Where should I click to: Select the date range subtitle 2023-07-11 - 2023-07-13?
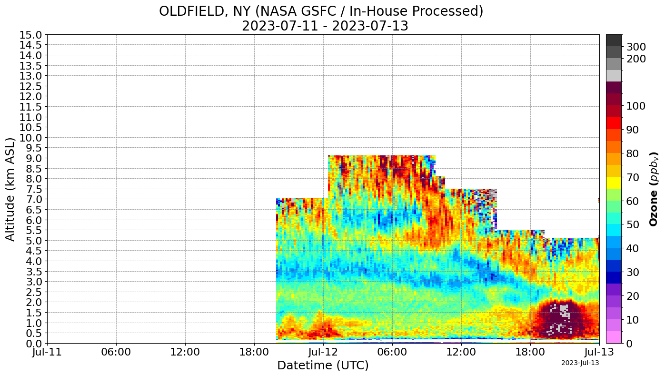tap(325, 26)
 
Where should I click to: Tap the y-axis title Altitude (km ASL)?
tap(10, 189)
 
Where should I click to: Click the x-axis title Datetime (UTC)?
tap(323, 366)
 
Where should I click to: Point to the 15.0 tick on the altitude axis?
tap(30, 35)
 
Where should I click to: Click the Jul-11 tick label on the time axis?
tap(47, 353)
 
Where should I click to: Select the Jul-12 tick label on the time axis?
tap(323, 353)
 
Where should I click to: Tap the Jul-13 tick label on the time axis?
tap(599, 353)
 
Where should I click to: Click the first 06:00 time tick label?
tap(116, 353)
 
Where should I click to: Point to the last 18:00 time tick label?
tap(530, 353)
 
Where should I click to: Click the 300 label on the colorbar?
tap(636, 47)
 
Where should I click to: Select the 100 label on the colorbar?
tap(636, 106)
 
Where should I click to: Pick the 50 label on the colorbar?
tap(633, 224)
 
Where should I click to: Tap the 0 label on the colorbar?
tap(630, 343)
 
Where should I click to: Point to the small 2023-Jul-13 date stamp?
tap(580, 363)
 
